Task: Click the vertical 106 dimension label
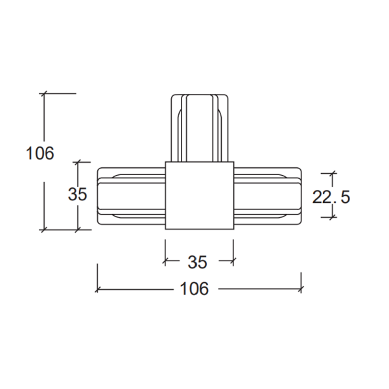pos(40,153)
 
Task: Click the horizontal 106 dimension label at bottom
pos(194,289)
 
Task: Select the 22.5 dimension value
pos(331,197)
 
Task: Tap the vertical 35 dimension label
pos(77,194)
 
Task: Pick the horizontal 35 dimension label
pos(197,262)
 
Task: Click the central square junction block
pos(200,196)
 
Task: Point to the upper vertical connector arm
pos(200,128)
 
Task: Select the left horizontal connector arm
pos(131,196)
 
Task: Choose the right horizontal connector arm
pos(268,196)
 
